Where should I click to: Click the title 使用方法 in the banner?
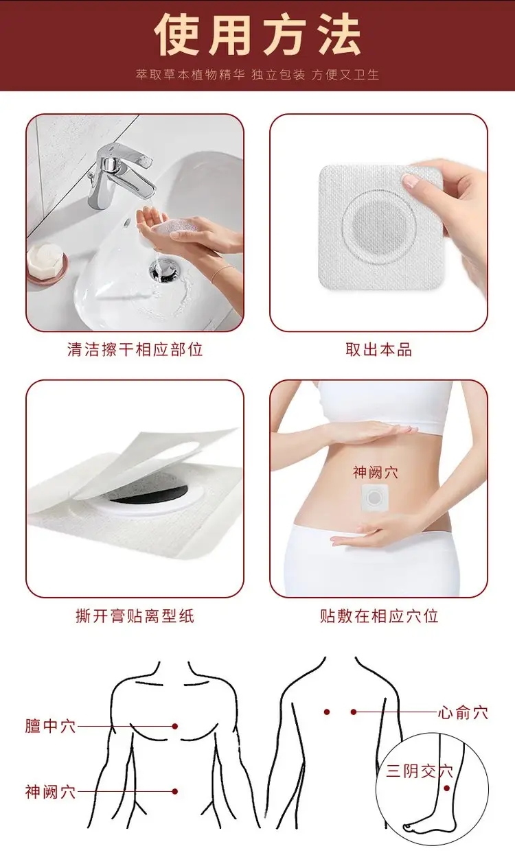click(x=257, y=35)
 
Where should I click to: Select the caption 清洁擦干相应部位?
click(x=135, y=349)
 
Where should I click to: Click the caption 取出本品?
click(x=378, y=349)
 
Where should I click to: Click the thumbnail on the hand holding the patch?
click(x=411, y=180)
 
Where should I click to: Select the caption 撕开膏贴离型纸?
click(x=135, y=616)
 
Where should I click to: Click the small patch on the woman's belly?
click(x=375, y=497)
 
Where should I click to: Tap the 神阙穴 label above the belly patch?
click(x=375, y=472)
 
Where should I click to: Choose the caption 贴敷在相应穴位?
click(x=378, y=616)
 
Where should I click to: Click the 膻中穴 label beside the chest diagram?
click(x=50, y=725)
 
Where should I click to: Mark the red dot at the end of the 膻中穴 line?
click(x=175, y=726)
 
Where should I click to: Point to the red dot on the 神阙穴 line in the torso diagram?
click(x=175, y=792)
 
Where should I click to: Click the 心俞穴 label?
click(x=463, y=713)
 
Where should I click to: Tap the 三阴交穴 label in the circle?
click(x=419, y=771)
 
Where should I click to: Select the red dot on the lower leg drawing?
click(x=446, y=788)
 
